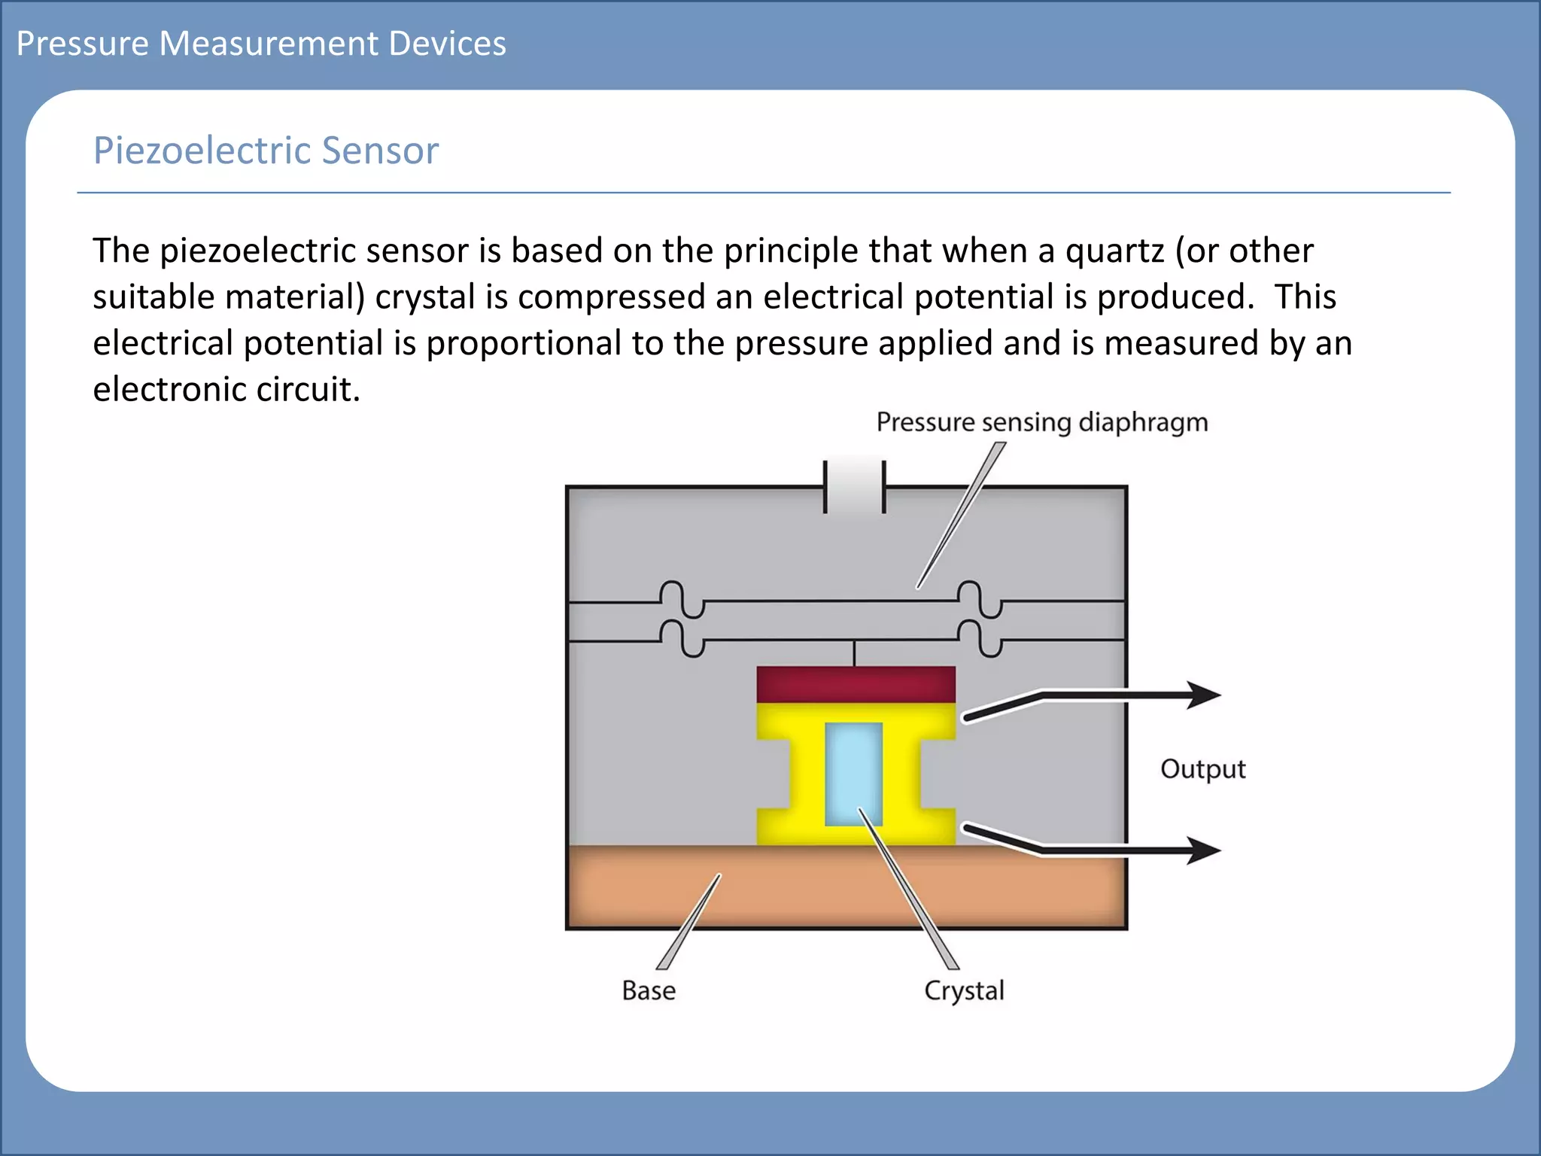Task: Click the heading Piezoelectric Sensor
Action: (x=266, y=151)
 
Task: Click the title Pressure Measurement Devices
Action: (x=261, y=44)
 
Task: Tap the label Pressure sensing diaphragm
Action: (x=1042, y=422)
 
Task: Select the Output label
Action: (x=1202, y=769)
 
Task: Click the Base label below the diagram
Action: (x=649, y=990)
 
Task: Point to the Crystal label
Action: (x=964, y=990)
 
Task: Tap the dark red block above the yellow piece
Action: (x=856, y=684)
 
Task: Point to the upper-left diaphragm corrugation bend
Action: (x=682, y=600)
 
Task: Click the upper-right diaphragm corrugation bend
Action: (x=980, y=600)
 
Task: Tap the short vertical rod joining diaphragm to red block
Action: (x=854, y=653)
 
